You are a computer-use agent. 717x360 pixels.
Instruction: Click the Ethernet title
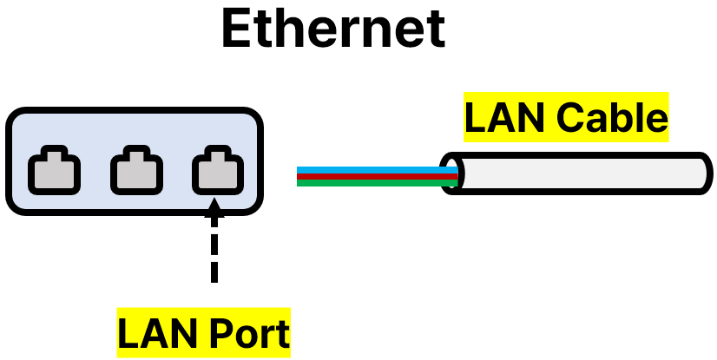click(333, 29)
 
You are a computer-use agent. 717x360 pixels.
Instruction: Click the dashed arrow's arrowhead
click(214, 208)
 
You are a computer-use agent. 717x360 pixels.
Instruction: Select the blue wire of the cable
click(373, 169)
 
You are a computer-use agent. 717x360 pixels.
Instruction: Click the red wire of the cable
click(373, 175)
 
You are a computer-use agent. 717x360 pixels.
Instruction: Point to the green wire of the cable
click(373, 182)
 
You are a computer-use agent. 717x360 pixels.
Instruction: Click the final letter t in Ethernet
click(435, 29)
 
